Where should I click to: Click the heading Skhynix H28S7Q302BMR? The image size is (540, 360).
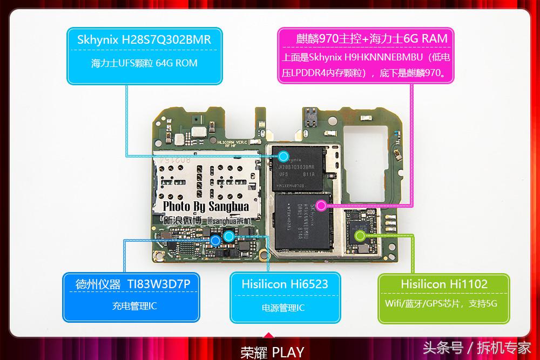tap(144, 40)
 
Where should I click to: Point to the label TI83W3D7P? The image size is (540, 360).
tap(163, 283)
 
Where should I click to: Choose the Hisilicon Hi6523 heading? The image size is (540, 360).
tap(285, 284)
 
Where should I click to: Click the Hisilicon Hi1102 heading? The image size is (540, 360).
tap(444, 284)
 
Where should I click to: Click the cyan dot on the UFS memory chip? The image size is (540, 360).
tap(283, 157)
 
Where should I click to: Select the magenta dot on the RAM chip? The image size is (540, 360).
tap(321, 205)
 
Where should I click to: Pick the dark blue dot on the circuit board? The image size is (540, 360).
tap(215, 241)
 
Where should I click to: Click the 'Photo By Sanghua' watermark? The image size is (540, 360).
tap(206, 207)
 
